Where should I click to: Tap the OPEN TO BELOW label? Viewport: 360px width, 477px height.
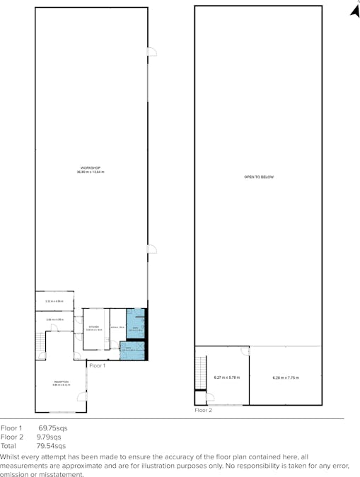click(258, 177)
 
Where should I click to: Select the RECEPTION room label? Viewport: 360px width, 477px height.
click(61, 383)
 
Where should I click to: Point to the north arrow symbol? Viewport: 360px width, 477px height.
click(355, 9)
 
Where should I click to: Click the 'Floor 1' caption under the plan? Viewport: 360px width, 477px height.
click(97, 365)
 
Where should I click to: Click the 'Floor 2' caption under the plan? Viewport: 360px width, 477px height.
click(203, 410)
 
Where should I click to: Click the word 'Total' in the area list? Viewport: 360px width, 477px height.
click(8, 446)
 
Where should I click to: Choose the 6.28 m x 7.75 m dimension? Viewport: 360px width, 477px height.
click(286, 378)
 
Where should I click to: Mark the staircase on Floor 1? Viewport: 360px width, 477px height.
click(40, 346)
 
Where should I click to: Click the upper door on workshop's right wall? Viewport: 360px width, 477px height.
click(151, 52)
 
